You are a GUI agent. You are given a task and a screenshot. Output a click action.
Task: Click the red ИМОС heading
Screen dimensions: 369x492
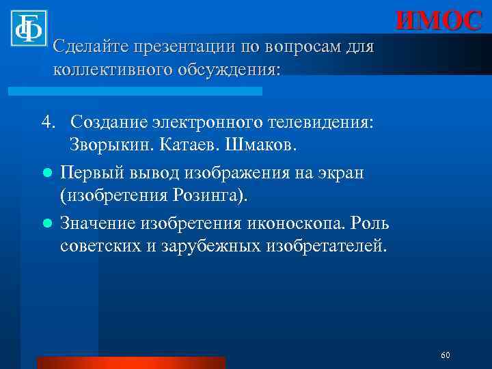pyautogui.click(x=439, y=20)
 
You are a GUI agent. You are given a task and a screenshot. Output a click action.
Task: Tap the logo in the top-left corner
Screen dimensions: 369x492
pyautogui.click(x=29, y=29)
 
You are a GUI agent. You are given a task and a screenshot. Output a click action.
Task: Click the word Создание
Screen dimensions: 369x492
pyautogui.click(x=108, y=122)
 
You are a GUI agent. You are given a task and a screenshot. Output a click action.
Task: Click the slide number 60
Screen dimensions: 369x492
pyautogui.click(x=446, y=355)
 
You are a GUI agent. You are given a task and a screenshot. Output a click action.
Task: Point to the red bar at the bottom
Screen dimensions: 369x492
pyautogui.click(x=131, y=362)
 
